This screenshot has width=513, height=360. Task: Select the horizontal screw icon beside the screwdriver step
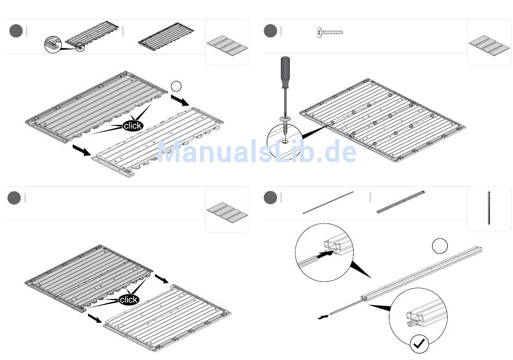(x=330, y=32)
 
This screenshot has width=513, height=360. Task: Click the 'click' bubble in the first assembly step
(x=132, y=126)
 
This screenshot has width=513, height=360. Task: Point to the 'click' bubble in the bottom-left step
(x=129, y=300)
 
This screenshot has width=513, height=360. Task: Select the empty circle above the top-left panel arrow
(x=176, y=86)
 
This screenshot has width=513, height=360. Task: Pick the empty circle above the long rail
(x=440, y=247)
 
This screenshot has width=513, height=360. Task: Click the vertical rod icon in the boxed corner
(x=489, y=208)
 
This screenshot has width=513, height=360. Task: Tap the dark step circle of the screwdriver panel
(x=270, y=31)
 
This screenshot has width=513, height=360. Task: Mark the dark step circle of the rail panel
(x=270, y=198)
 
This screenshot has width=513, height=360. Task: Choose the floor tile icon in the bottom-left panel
(x=227, y=212)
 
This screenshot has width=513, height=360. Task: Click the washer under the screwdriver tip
(x=285, y=118)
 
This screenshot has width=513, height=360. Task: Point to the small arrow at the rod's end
(x=322, y=317)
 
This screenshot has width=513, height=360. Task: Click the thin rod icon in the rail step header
(x=328, y=203)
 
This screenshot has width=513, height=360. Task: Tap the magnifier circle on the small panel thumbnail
(x=52, y=44)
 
